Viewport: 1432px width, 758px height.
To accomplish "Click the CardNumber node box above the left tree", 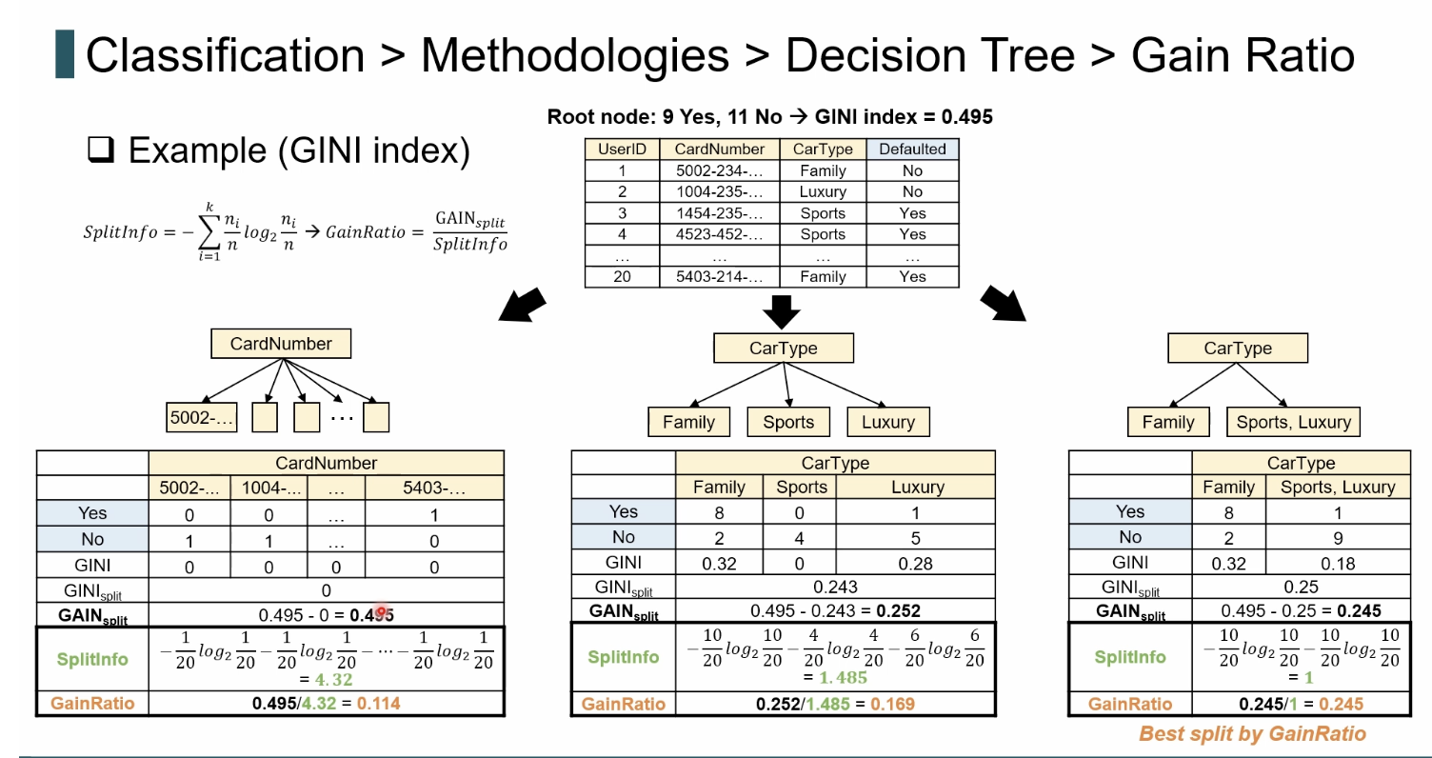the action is click(281, 344).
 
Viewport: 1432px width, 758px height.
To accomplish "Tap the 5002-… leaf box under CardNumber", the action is click(202, 417).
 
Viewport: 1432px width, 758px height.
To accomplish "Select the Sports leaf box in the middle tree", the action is click(788, 422).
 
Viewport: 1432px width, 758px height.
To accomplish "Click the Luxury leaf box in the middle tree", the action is click(887, 422).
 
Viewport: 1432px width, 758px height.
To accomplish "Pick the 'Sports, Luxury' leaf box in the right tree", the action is click(1293, 422).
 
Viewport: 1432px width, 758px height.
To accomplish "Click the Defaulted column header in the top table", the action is click(912, 149).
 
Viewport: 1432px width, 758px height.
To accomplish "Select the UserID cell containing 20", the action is click(623, 276).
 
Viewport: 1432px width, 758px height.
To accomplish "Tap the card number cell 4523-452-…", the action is click(719, 234).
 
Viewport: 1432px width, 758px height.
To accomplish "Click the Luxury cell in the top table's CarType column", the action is click(823, 191).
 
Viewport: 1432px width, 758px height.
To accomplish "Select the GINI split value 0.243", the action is click(835, 588).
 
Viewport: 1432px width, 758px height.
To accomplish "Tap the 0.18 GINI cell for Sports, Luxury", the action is click(1338, 563).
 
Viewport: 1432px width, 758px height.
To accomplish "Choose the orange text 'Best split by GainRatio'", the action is click(1252, 733).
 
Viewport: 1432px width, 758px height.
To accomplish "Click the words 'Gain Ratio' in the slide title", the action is click(1243, 56).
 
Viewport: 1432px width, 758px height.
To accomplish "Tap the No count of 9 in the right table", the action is click(1338, 537).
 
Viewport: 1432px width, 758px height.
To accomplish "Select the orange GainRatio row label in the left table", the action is click(92, 704).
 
